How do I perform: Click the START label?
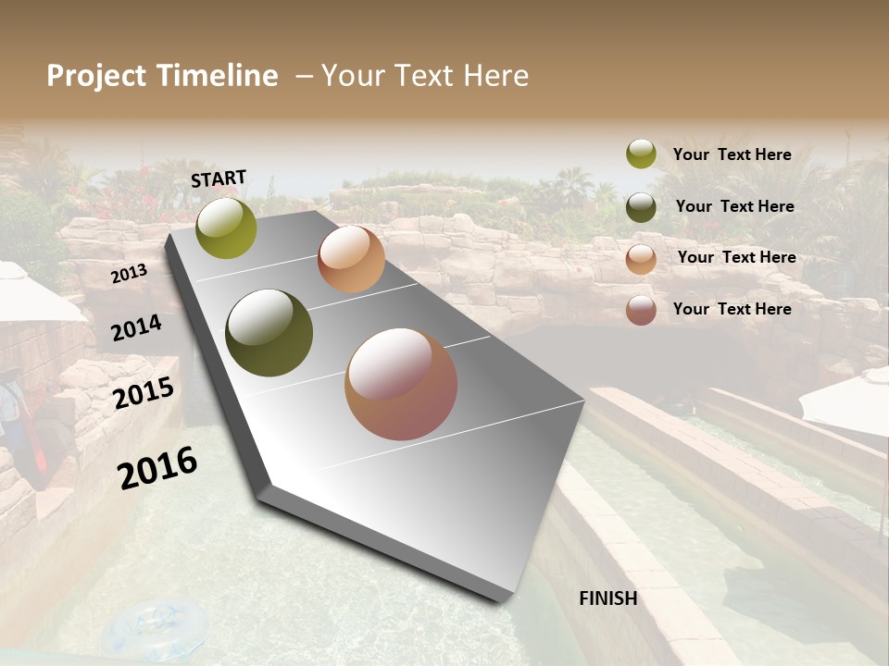click(219, 179)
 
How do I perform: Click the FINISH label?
click(608, 598)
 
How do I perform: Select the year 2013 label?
click(129, 274)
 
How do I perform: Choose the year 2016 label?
click(157, 467)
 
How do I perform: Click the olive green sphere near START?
click(226, 228)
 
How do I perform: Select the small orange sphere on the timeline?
click(351, 259)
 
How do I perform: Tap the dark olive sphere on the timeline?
click(269, 333)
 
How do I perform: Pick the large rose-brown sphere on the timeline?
click(401, 384)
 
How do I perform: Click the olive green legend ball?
click(641, 154)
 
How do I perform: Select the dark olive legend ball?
click(641, 207)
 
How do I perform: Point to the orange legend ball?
click(641, 259)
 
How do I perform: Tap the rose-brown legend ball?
click(641, 310)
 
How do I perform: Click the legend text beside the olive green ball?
click(732, 154)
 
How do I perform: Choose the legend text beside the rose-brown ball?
click(732, 309)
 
